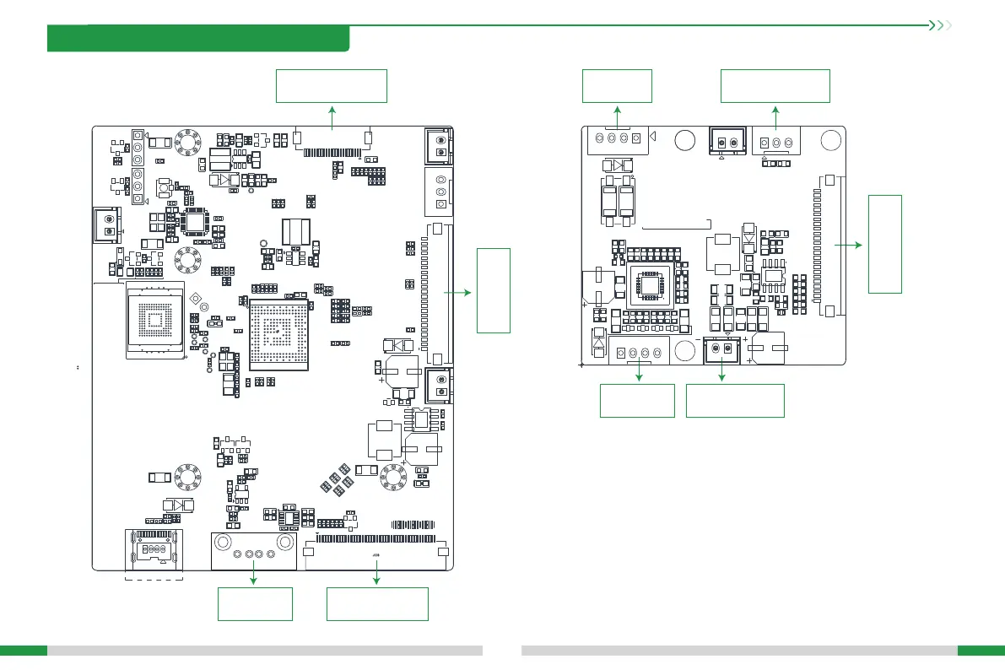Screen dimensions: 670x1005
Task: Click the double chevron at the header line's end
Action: coord(939,25)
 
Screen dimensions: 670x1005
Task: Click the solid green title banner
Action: coord(198,39)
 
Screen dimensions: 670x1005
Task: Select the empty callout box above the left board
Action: coord(332,86)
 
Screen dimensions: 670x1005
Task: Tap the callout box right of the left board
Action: coord(494,290)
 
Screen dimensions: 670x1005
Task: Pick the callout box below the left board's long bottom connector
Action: coord(377,604)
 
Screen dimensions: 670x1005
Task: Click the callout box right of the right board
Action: coord(885,243)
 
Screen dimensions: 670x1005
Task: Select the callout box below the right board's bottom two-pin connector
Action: coord(735,401)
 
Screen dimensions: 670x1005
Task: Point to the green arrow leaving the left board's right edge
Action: coord(461,290)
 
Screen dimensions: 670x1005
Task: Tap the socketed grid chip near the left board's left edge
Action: coord(154,321)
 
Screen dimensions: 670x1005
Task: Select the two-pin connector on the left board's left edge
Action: coord(107,225)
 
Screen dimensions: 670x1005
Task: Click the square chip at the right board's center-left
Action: coord(649,286)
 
